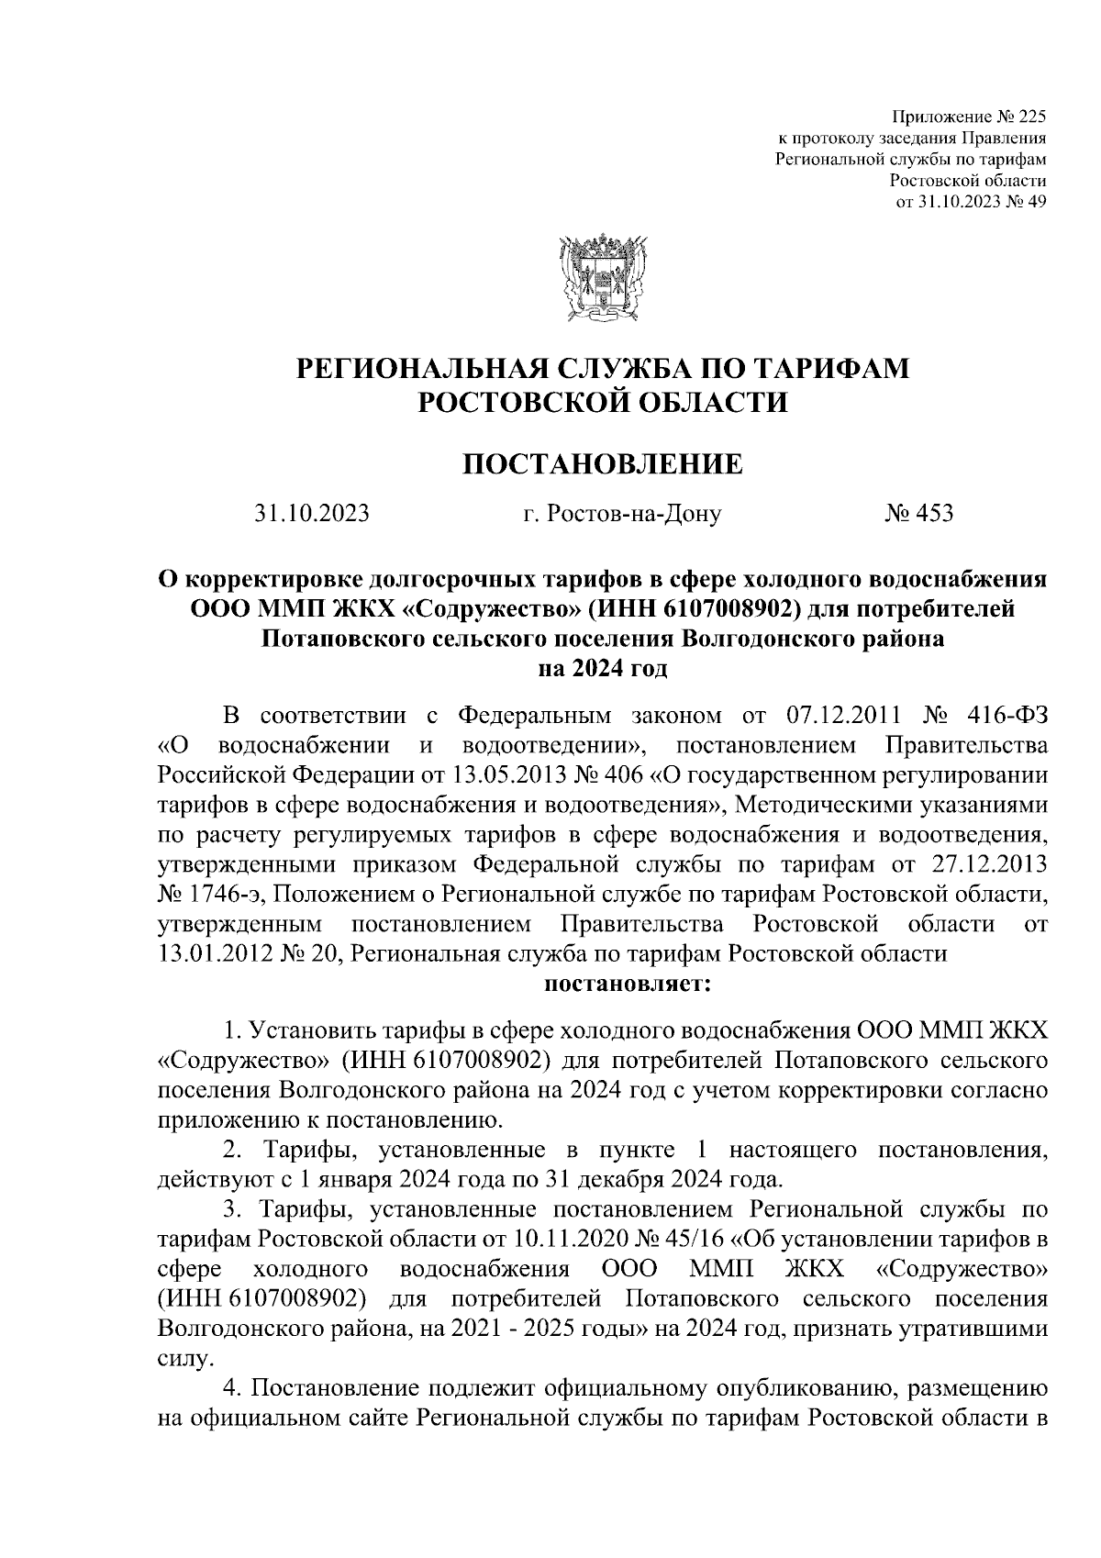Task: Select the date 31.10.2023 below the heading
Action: (x=312, y=514)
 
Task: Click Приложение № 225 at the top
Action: (x=969, y=117)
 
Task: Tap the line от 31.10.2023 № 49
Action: (x=971, y=202)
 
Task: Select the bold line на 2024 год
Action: (x=602, y=669)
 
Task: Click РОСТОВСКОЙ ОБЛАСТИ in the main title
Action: (x=602, y=402)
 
